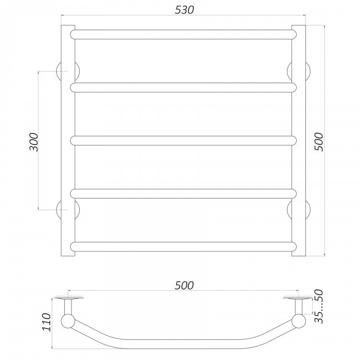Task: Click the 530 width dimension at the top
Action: (x=184, y=10)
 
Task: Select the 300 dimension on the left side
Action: (x=34, y=142)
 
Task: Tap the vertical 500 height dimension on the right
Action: (x=319, y=142)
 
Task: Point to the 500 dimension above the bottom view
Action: (x=184, y=286)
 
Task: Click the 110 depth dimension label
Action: (x=47, y=322)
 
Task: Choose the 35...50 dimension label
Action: (x=319, y=306)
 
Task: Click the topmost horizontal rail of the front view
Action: (x=183, y=35)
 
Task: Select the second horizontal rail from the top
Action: (x=183, y=87)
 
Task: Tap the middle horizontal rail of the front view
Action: (x=183, y=141)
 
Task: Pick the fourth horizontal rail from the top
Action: (x=183, y=193)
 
